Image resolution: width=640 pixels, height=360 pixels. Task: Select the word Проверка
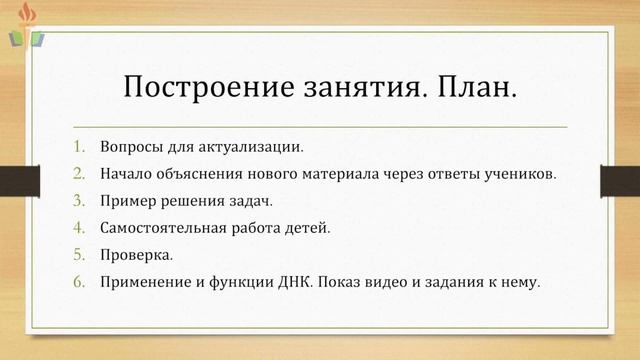tap(136, 254)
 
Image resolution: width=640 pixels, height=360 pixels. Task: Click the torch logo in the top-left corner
tap(27, 27)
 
